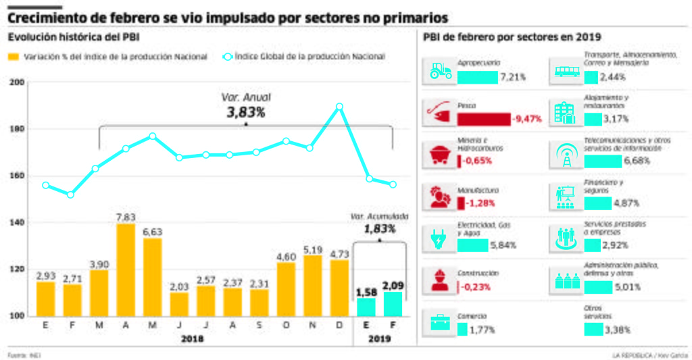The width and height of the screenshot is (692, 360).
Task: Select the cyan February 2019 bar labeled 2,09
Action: [x=393, y=303]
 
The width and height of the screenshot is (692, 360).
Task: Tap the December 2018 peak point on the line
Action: [x=339, y=106]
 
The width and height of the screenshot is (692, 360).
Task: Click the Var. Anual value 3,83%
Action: [x=246, y=112]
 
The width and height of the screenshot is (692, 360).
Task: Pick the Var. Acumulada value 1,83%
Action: [x=379, y=229]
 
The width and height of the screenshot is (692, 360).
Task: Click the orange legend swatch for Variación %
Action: [x=14, y=57]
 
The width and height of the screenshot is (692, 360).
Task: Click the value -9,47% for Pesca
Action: [x=526, y=120]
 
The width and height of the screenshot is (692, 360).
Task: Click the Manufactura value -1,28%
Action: [x=480, y=203]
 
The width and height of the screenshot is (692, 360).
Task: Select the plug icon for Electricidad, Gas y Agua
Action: [x=440, y=238]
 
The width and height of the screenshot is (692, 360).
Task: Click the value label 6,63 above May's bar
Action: [x=152, y=232]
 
